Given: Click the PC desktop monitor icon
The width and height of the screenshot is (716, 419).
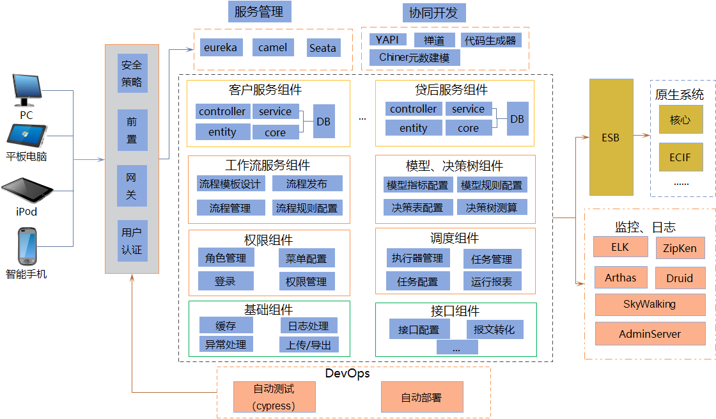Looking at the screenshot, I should pos(26,90).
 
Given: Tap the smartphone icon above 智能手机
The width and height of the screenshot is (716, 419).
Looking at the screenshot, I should pos(26,246).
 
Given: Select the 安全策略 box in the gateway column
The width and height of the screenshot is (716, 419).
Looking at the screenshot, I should pos(132,74).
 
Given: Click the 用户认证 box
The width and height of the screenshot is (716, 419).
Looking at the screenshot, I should pos(132,241).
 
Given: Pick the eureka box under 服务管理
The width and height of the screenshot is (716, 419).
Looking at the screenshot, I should pos(220,48).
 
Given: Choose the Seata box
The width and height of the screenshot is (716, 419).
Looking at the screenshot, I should pos(322,48).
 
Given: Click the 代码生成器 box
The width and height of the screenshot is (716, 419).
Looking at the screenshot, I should pos(490,40).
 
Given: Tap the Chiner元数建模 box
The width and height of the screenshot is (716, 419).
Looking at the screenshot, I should pos(414,58).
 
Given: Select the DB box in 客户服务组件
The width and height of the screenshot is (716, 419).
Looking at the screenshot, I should pos(324,121).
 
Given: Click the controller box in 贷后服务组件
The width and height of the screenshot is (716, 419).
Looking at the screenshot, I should pos(414,109).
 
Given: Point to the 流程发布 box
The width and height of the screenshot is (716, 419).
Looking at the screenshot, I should pos(307,184).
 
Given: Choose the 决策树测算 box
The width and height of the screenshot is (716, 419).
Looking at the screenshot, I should pos(492,208).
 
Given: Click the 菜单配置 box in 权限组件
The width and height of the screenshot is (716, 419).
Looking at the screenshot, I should pos(306,258).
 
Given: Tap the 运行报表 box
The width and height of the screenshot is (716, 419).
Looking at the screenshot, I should pos(492,281).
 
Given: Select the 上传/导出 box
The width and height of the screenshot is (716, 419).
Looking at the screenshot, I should pos(309,345).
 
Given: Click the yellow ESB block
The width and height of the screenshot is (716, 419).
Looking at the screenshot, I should pos(611,138).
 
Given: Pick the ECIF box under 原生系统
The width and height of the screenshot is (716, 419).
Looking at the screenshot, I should pos(680,157).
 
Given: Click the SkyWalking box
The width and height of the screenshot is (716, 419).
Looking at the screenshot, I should pos(649,304).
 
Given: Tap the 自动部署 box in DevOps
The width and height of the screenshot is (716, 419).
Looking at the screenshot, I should pos(421,397).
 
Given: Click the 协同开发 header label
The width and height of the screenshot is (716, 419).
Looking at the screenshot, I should pos(433,13).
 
